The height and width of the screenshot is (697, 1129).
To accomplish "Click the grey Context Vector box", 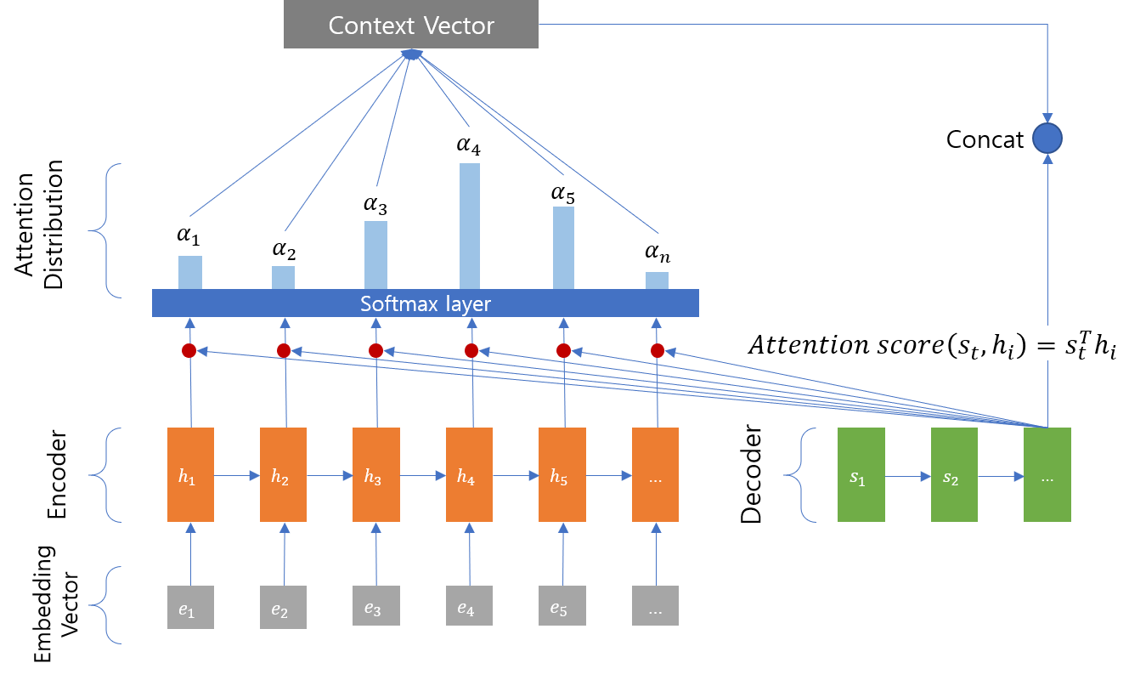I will click(x=410, y=25).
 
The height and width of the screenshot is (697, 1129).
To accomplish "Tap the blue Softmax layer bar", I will click(x=425, y=303).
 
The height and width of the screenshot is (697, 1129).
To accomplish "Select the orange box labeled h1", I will click(x=190, y=474).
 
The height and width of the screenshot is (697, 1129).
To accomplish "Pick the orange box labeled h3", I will click(x=375, y=474).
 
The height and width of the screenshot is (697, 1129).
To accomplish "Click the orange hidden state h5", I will click(x=562, y=474).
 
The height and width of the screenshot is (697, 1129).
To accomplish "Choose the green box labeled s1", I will click(x=861, y=474).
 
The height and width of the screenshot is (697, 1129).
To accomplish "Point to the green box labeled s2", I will click(x=954, y=474).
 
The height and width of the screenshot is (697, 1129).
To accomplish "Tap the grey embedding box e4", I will click(x=469, y=608).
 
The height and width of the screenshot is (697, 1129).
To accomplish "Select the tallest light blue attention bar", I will click(x=470, y=225).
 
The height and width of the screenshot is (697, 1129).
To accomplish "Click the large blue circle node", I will click(x=1047, y=138).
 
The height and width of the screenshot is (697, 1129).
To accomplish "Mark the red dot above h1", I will click(x=189, y=350).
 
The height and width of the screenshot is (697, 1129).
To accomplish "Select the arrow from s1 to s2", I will click(x=907, y=477).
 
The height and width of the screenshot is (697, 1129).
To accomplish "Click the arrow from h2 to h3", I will click(x=329, y=477).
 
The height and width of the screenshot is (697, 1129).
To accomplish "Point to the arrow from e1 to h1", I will click(x=190, y=553).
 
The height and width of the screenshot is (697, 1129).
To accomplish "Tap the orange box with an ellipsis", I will click(x=655, y=474).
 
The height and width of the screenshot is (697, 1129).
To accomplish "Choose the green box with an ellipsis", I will click(x=1047, y=474).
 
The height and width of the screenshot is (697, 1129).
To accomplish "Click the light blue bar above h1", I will click(x=190, y=272).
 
